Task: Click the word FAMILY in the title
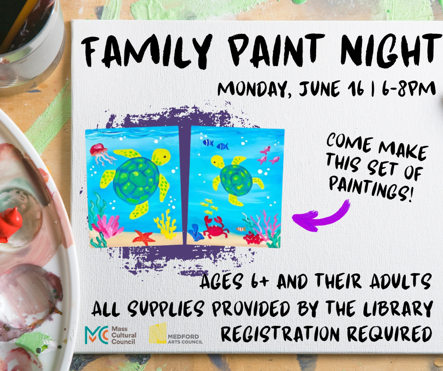[x=147, y=51]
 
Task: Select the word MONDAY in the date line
[x=253, y=89]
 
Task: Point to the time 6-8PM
[x=409, y=88]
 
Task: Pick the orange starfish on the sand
[x=144, y=237]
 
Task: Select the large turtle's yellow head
[x=161, y=156]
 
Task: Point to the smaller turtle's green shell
[x=236, y=180]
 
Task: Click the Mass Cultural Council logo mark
[x=96, y=335]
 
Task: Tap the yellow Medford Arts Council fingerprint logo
[x=158, y=333]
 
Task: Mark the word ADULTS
[x=400, y=281]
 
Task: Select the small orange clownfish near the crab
[x=241, y=229]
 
